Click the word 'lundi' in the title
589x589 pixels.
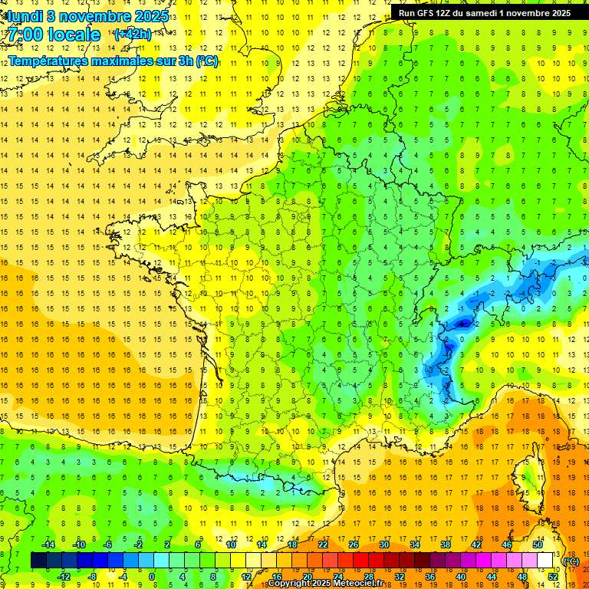tap(25, 15)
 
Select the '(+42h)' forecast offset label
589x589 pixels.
tap(132, 35)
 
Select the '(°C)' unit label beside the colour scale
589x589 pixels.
tap(571, 561)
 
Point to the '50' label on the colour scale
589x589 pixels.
tap(538, 545)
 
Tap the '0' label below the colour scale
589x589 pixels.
tap(151, 577)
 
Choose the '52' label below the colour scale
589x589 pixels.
tap(553, 577)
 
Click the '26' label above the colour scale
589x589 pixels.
tap(354, 545)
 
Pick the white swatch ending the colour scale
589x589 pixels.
tap(545, 561)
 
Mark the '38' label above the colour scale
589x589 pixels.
tap(446, 545)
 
